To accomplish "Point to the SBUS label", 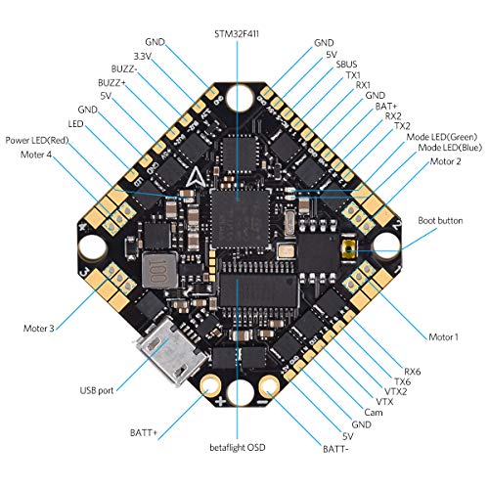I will pyautogui.click(x=347, y=64).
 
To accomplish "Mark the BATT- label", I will pyautogui.click(x=340, y=451).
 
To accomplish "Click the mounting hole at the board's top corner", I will pyautogui.click(x=242, y=99).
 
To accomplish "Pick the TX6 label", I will pyautogui.click(x=401, y=381).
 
